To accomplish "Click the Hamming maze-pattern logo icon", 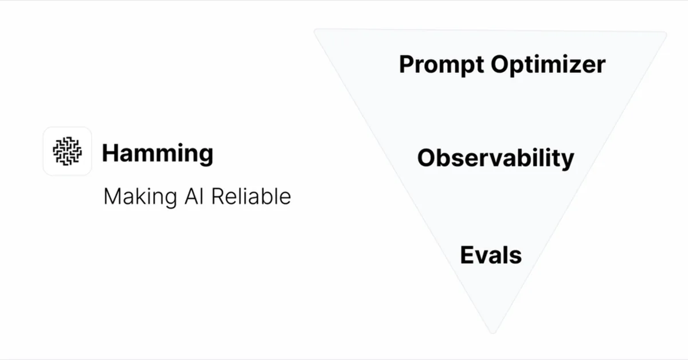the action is point(67,151).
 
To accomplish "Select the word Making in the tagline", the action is point(140,197).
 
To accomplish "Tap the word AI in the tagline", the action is point(194,196).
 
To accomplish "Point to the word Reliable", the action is point(251,196).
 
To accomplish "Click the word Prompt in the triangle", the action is point(441,65).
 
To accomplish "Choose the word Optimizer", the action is point(548,65).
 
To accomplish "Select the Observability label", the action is point(495,158).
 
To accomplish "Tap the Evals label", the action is point(491,255).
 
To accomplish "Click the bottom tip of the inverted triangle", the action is point(493,332).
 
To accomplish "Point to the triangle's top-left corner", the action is point(316,30).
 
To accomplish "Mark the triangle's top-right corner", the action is point(665,33).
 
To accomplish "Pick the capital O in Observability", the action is point(427,158).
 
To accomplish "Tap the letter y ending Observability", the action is point(566,161).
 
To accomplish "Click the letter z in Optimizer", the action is point(570,66).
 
